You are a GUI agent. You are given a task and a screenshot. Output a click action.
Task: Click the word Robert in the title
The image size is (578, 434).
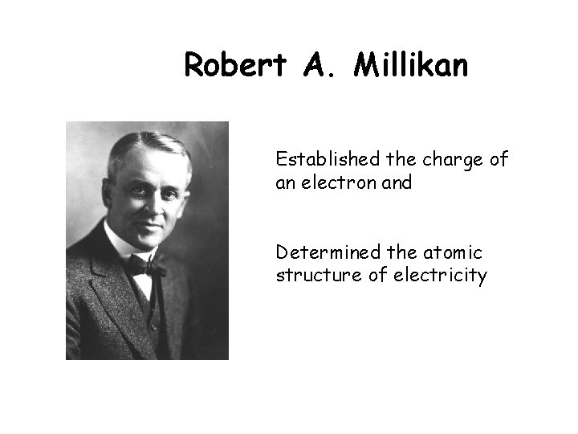point(234,66)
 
